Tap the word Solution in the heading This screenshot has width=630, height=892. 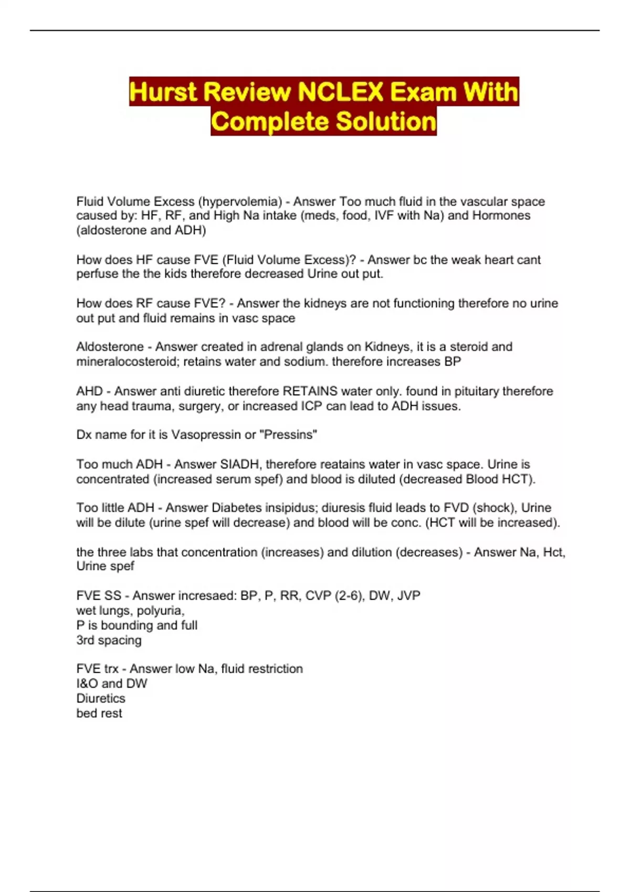point(386,122)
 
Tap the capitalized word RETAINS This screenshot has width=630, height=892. point(310,391)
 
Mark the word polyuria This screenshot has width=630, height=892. point(160,611)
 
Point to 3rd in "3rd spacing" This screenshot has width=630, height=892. point(85,640)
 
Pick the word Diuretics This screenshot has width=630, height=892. point(101,698)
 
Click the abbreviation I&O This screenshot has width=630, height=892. point(87,684)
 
